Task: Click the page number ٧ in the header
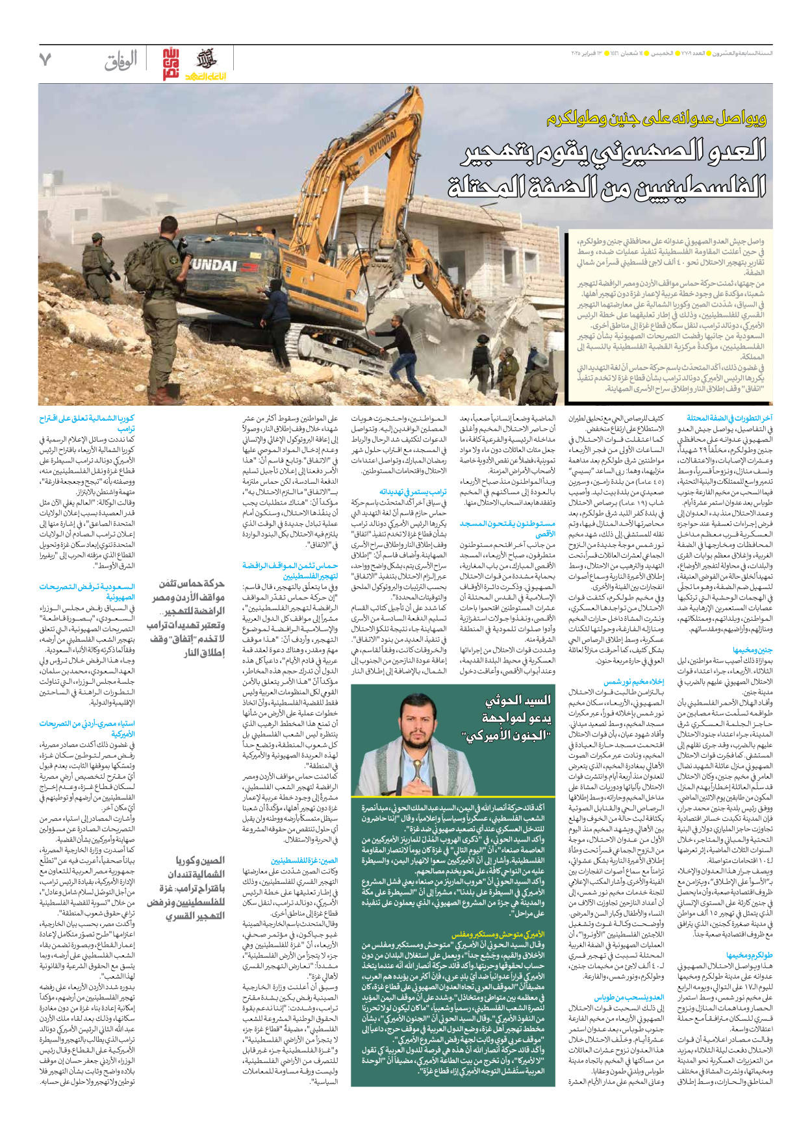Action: (45, 60)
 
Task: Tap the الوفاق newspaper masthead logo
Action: (121, 61)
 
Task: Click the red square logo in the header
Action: (170, 64)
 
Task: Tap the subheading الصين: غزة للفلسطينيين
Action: (305, 860)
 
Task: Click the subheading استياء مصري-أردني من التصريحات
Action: (87, 728)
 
